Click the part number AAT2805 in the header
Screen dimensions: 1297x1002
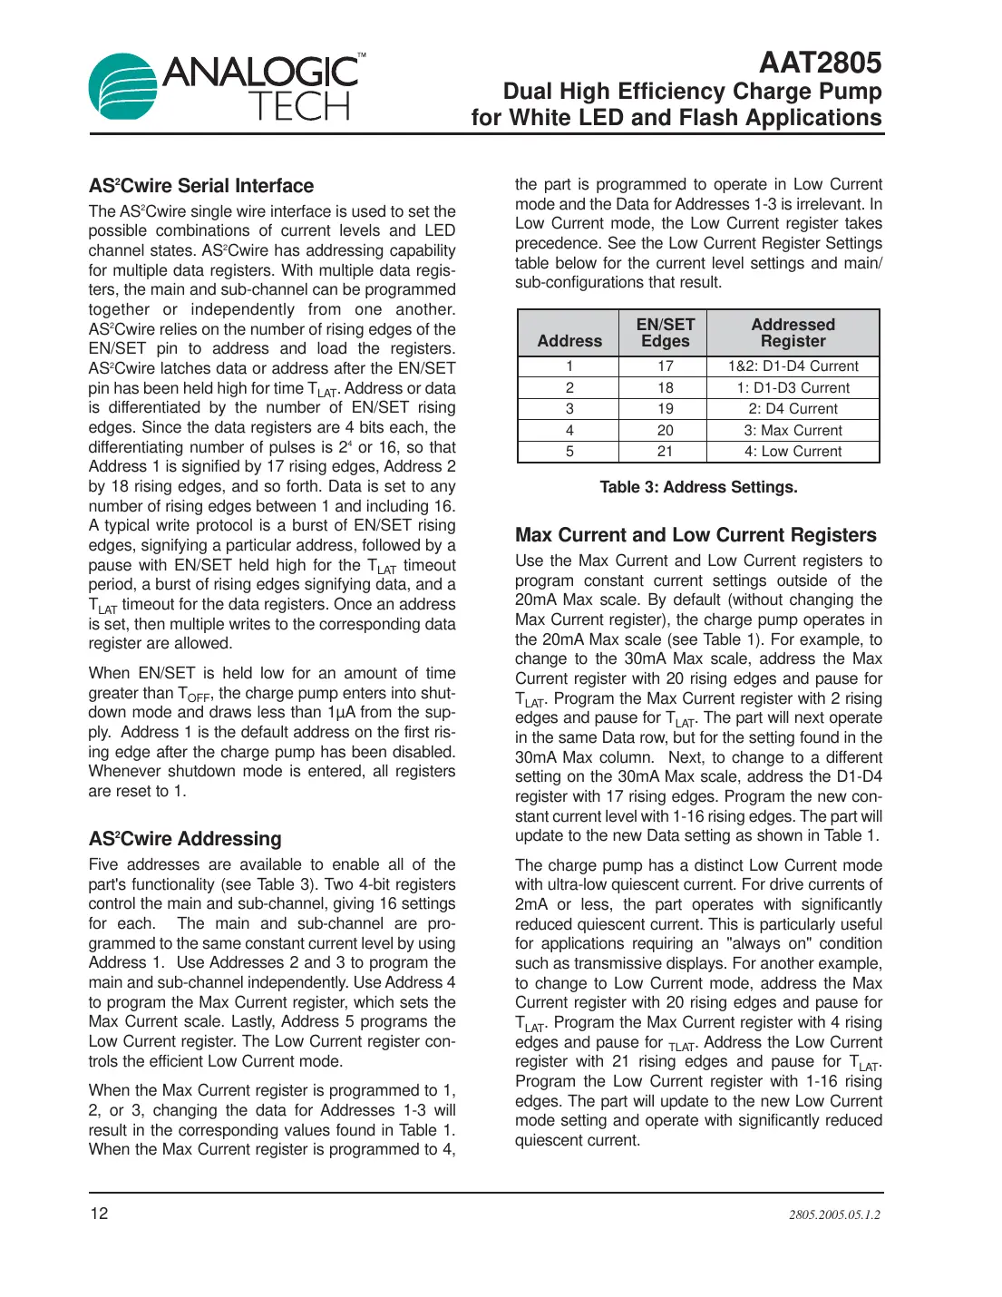click(x=820, y=63)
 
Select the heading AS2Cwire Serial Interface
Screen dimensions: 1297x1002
click(x=201, y=186)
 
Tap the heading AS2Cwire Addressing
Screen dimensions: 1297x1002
click(x=185, y=839)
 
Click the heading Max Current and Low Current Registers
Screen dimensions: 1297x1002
click(x=696, y=535)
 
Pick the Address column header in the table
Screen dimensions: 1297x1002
click(x=569, y=341)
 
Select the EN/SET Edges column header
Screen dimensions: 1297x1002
click(x=665, y=333)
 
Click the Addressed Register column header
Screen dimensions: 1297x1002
click(x=793, y=333)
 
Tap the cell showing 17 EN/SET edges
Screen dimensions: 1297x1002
click(x=665, y=366)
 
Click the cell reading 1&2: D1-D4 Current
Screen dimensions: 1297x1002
click(x=793, y=366)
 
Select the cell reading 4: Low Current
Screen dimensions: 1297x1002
click(x=793, y=452)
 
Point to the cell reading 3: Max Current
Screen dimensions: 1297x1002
click(x=793, y=431)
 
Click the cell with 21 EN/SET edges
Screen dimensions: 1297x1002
click(x=665, y=452)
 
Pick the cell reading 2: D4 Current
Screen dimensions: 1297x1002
click(x=793, y=409)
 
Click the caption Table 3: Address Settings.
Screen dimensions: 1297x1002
click(x=698, y=487)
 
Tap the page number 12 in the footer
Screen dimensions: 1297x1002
click(x=99, y=1214)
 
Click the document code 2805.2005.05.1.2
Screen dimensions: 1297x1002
click(x=833, y=1214)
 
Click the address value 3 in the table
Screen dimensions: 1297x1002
click(x=569, y=409)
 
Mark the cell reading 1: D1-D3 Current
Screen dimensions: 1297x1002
click(x=793, y=388)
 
